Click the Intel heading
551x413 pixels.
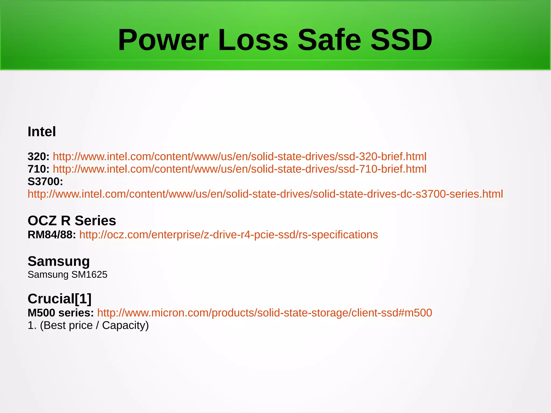(42, 132)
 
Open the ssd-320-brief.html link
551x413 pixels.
(239, 157)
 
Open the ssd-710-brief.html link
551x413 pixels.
(239, 169)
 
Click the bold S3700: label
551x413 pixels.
(45, 182)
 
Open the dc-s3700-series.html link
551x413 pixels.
(265, 194)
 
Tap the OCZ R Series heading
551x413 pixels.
(72, 221)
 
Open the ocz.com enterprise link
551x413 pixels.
(228, 235)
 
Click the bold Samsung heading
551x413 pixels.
(59, 261)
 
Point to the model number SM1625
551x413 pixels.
(89, 275)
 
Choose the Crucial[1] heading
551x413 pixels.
(59, 299)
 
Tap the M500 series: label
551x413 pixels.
(61, 313)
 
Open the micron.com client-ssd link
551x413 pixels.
(264, 313)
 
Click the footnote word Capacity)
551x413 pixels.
(125, 326)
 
